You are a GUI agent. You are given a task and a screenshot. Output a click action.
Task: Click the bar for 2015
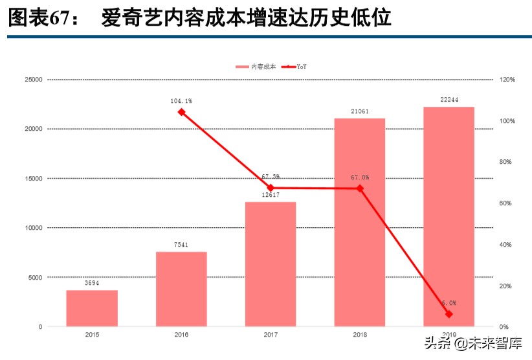tap(92, 308)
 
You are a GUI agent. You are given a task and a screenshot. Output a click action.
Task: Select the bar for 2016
tap(181, 289)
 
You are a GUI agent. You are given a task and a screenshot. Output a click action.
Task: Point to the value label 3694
tap(92, 284)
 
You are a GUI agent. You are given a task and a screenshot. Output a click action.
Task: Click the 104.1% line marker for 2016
tap(181, 112)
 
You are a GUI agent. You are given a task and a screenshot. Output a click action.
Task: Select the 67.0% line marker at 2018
tap(360, 188)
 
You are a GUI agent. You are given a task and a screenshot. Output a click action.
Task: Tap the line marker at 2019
tap(449, 314)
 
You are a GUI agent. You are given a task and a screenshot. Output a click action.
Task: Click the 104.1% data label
tap(181, 101)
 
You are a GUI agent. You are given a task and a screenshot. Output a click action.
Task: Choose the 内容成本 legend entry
tap(256, 67)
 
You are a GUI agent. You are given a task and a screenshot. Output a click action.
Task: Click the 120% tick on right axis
tap(507, 80)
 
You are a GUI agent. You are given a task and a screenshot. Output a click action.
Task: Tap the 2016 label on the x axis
tap(181, 335)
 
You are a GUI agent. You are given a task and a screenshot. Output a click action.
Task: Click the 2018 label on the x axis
tap(360, 335)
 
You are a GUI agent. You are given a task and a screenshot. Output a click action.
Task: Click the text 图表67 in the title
tap(38, 18)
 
